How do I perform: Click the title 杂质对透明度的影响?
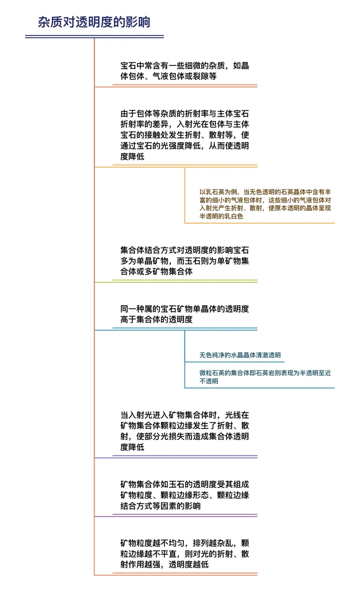(94, 22)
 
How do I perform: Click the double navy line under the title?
(95, 36)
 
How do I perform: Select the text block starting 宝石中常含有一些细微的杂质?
(185, 71)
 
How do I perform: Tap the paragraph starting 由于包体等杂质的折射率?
(185, 135)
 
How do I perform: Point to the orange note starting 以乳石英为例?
(265, 204)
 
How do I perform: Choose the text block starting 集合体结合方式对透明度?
(185, 261)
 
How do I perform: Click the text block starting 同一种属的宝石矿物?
(185, 314)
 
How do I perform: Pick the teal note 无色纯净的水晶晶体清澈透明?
(240, 355)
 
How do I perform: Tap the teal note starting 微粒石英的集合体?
(265, 377)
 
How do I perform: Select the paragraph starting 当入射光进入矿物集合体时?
(185, 431)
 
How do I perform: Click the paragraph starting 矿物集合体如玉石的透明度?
(185, 495)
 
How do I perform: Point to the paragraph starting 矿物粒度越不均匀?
(185, 554)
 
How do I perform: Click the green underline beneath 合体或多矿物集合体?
(185, 281)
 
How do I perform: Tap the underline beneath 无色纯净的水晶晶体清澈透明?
(235, 362)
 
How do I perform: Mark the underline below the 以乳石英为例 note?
(260, 223)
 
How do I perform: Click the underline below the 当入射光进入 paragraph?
(185, 457)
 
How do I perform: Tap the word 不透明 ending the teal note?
(209, 381)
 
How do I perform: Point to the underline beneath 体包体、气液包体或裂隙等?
(185, 86)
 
